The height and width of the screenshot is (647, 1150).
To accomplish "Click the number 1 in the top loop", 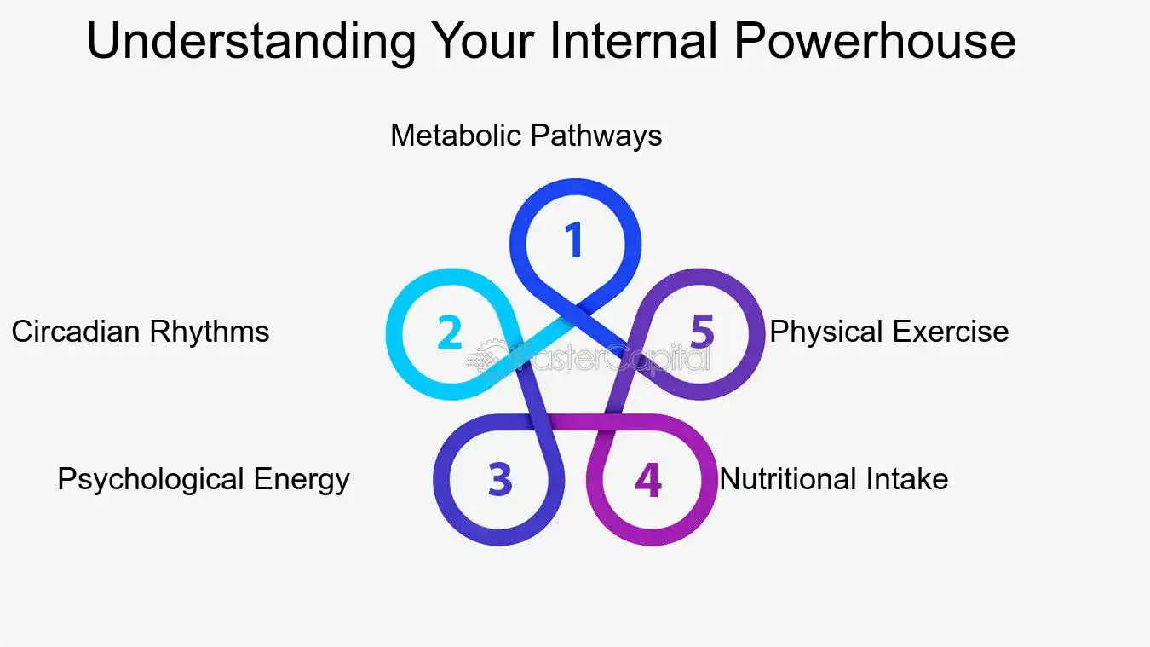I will (575, 240).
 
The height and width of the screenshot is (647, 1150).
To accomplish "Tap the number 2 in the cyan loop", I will (449, 332).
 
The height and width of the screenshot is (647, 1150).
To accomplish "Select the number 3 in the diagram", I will (500, 480).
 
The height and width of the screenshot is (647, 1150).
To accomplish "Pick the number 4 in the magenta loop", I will (648, 480).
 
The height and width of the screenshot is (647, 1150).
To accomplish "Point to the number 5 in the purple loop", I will (701, 332).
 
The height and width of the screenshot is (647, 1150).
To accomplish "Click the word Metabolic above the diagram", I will (457, 136).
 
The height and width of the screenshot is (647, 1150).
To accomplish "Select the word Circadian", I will (76, 331).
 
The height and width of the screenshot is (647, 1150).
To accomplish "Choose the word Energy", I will (302, 479).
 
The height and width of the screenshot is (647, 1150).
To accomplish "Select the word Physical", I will (826, 331).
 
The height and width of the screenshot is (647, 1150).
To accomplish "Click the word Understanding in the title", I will (251, 41).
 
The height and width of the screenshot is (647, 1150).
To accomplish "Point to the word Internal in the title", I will (635, 41).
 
